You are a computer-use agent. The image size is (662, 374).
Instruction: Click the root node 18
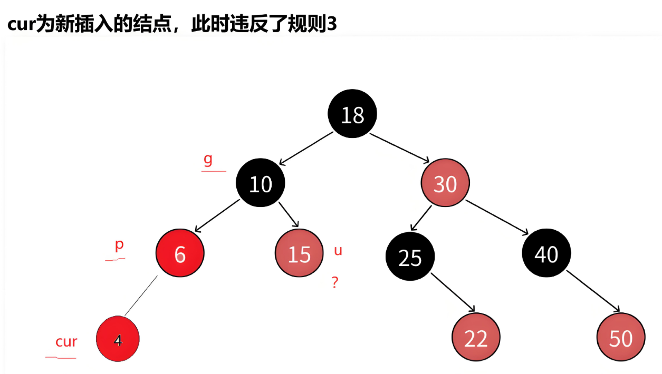pyautogui.click(x=352, y=114)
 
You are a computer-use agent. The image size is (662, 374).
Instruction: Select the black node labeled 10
pyautogui.click(x=261, y=183)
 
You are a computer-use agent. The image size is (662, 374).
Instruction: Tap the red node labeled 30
pyautogui.click(x=445, y=183)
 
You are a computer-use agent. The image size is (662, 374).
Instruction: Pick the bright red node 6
pyautogui.click(x=180, y=254)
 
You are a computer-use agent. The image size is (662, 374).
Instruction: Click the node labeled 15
pyautogui.click(x=299, y=254)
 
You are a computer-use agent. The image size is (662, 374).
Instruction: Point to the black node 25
pyautogui.click(x=410, y=257)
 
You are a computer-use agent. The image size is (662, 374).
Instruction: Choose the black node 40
pyautogui.click(x=546, y=254)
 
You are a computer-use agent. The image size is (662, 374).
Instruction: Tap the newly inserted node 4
pyautogui.click(x=118, y=340)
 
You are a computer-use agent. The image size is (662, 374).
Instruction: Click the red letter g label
pyautogui.click(x=208, y=160)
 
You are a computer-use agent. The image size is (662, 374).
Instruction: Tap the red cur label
pyautogui.click(x=66, y=342)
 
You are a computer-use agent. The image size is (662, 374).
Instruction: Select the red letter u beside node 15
pyautogui.click(x=338, y=251)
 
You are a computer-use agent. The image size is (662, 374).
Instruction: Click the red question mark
pyautogui.click(x=334, y=283)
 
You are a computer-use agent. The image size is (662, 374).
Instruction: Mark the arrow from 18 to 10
pyautogui.click(x=306, y=147)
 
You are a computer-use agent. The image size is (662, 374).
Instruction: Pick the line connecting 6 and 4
pyautogui.click(x=141, y=296)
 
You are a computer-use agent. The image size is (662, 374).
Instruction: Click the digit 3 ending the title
pyautogui.click(x=332, y=25)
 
